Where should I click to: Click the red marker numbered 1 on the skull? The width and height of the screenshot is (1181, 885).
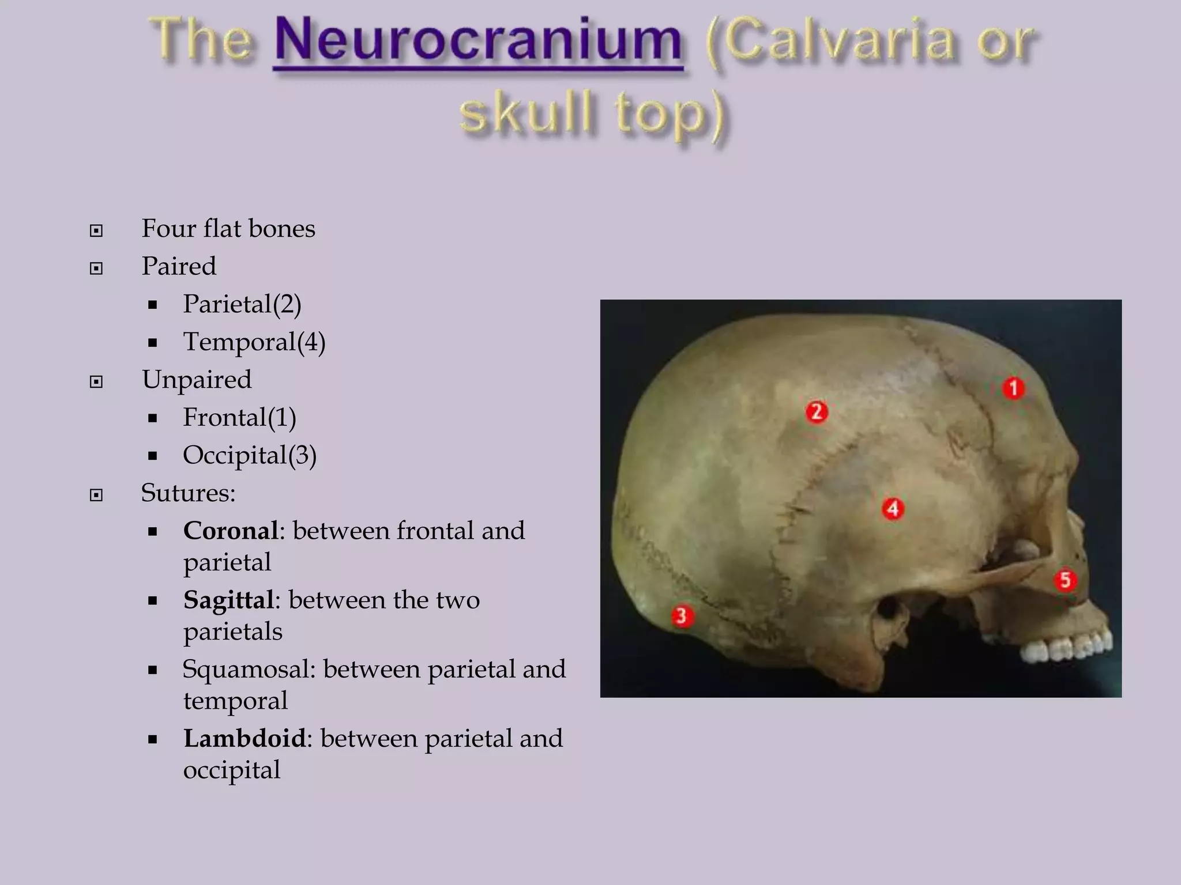point(1013,388)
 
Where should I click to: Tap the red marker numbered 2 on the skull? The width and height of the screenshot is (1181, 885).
point(817,412)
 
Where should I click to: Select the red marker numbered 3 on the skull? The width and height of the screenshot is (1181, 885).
point(682,616)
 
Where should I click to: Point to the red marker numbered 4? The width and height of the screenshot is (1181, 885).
point(893,509)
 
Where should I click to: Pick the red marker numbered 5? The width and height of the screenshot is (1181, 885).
point(1065,580)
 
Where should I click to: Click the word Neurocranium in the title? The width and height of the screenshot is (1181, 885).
point(478,41)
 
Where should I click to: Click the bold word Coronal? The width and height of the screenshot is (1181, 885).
point(231,531)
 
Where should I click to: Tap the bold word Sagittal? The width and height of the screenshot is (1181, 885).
point(228,600)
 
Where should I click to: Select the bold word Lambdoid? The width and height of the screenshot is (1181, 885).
point(245,738)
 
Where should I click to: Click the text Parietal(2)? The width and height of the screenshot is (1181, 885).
point(242,304)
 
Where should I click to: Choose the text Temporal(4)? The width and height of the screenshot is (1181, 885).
point(254,342)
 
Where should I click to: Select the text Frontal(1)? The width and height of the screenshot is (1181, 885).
point(239,417)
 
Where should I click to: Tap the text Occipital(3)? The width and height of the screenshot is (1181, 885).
point(250,455)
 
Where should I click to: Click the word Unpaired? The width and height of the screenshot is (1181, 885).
point(197,380)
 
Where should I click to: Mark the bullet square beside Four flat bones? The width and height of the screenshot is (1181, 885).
point(96,231)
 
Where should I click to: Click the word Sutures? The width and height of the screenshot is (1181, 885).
point(188,493)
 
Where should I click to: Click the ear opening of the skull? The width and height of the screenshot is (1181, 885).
point(889,608)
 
